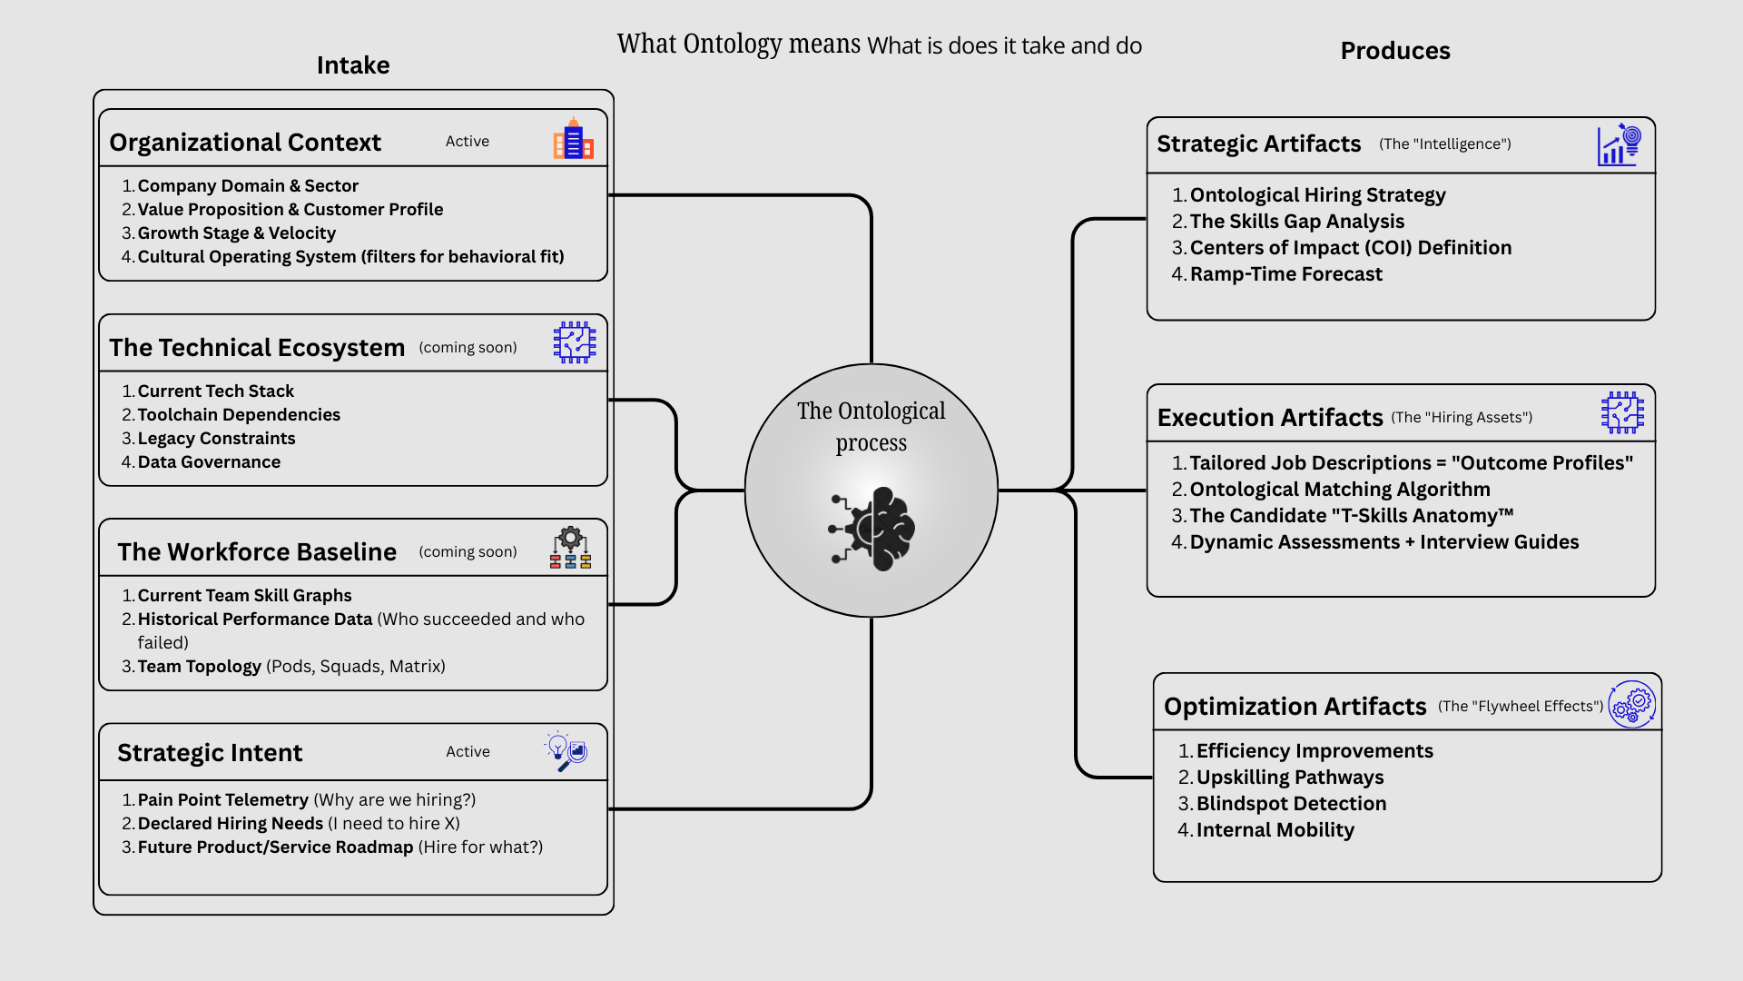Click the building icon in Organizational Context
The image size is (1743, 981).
573,139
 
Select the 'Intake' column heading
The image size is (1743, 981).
353,65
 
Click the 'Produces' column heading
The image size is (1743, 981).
1394,51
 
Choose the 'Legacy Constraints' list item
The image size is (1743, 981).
216,439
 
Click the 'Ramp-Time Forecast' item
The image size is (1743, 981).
1285,274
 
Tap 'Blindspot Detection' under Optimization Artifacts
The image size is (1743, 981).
1291,804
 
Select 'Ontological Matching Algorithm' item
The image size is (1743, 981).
1340,490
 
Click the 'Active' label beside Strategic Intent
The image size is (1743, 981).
468,752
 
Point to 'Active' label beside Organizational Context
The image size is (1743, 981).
468,142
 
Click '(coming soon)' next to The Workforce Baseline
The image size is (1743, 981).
468,552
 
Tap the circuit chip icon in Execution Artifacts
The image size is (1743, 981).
1622,412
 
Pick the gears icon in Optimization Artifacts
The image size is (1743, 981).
1632,705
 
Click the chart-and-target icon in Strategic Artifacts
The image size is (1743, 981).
1619,145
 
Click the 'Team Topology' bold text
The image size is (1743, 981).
199,667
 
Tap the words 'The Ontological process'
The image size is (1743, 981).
871,427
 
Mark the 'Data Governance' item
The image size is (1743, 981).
209,462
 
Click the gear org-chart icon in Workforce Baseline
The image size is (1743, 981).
570,548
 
